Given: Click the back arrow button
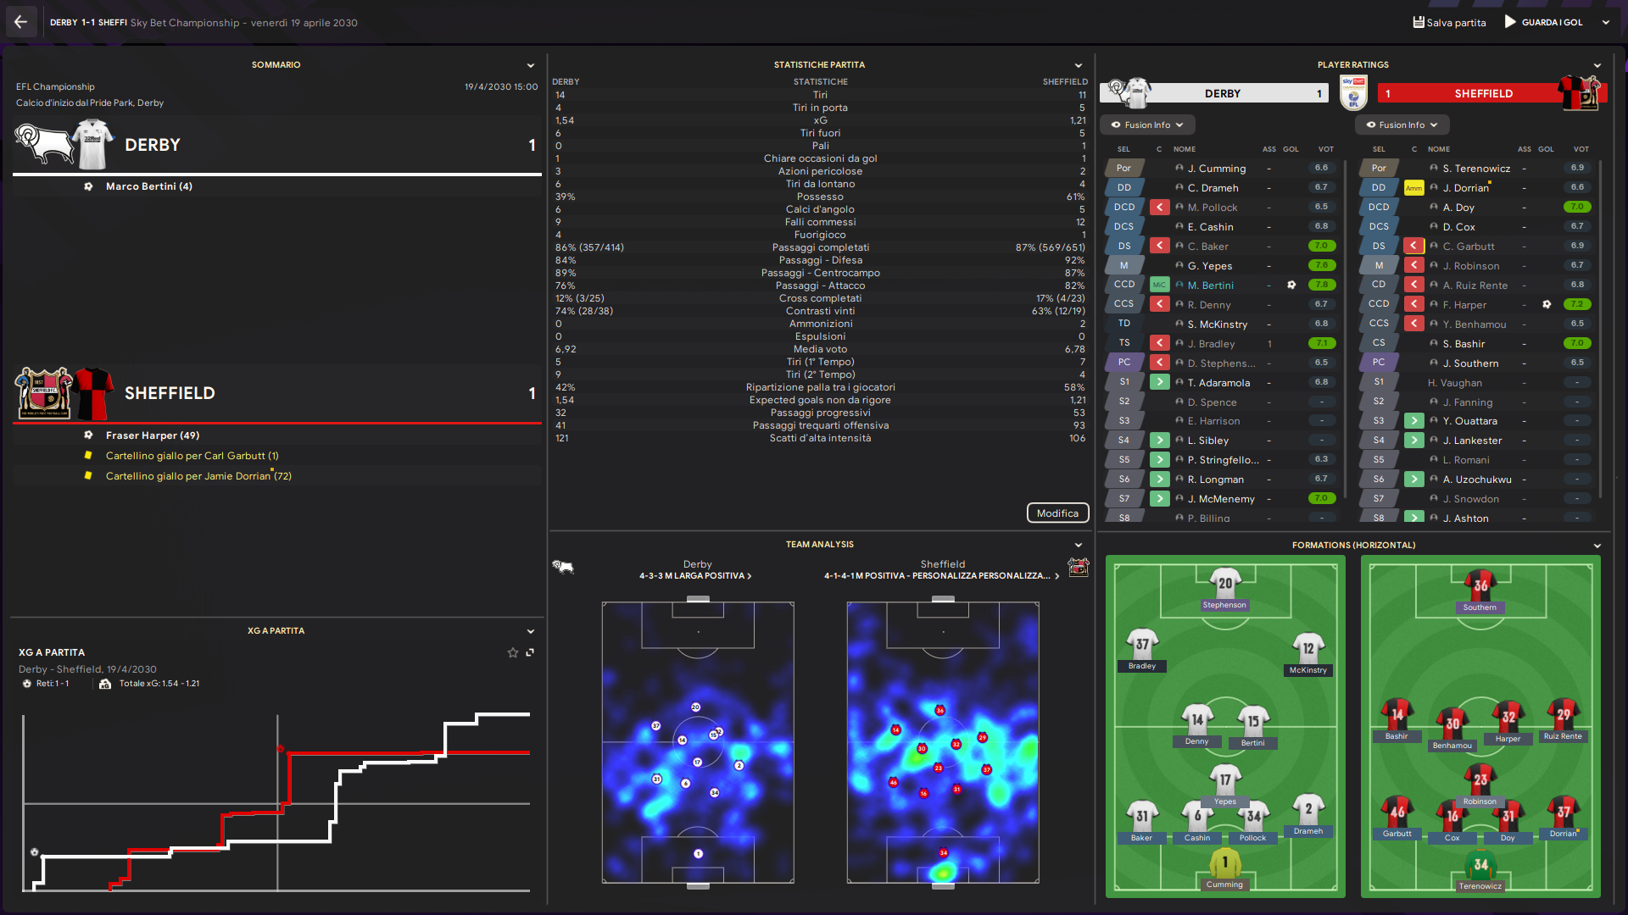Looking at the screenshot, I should [20, 22].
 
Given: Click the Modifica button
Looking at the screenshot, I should [1057, 513].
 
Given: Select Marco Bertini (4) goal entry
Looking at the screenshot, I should [148, 186].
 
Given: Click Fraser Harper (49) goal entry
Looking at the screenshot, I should [152, 435].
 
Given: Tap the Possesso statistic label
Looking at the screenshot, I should [820, 197].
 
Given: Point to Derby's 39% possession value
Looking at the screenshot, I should [566, 197].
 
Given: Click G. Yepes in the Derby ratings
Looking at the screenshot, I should [1209, 266].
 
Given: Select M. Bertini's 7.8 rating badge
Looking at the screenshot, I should [1321, 285].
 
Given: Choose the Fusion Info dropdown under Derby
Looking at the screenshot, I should [1147, 125].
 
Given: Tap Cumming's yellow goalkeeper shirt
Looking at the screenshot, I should [1224, 862].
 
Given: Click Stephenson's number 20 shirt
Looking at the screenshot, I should [1224, 583].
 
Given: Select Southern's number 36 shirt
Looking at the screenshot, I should [1480, 585].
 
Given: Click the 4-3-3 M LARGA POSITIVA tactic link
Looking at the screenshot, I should [694, 576].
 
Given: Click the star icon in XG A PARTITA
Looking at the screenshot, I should [512, 652].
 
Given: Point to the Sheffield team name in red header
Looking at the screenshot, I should [1483, 93].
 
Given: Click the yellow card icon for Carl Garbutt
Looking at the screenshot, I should [88, 456].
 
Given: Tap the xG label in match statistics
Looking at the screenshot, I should [820, 120].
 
